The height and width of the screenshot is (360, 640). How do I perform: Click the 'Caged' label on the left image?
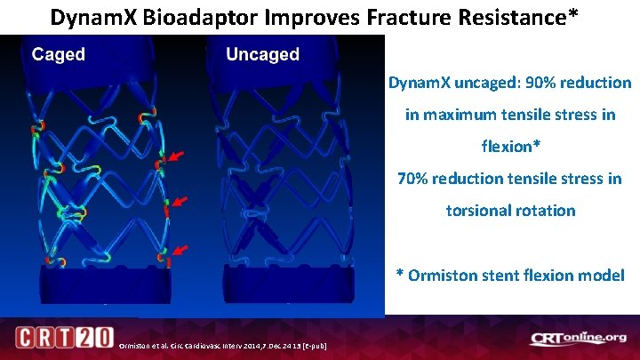[x=59, y=55]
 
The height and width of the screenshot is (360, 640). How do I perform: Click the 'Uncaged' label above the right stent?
[x=262, y=55]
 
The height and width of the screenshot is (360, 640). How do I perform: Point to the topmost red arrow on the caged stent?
[x=177, y=157]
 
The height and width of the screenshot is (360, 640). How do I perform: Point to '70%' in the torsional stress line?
[x=413, y=179]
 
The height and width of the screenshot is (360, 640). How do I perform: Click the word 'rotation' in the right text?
[x=548, y=211]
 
